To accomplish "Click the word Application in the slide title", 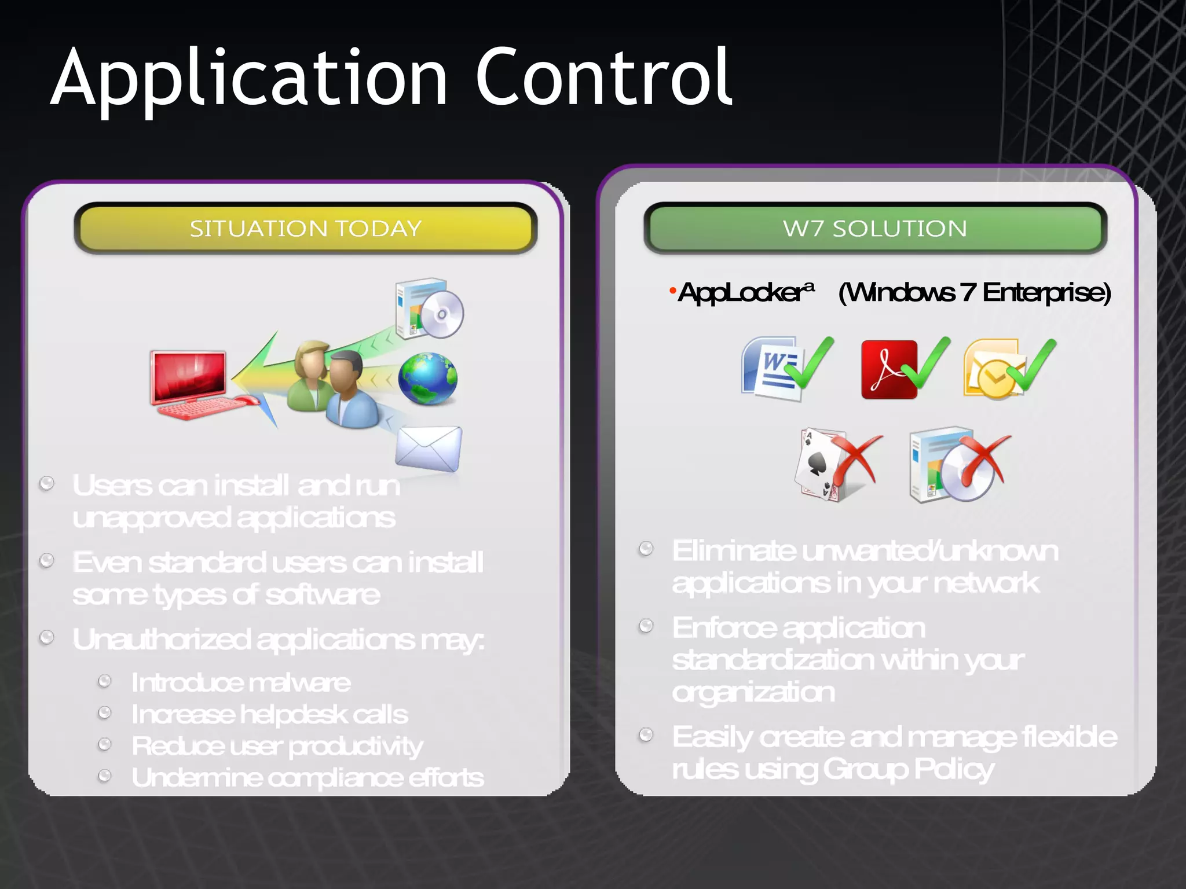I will tap(249, 78).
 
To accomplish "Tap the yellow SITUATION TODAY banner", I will tap(306, 228).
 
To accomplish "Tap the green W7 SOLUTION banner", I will tap(875, 228).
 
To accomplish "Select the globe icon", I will tap(428, 379).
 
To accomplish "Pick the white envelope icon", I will tap(429, 449).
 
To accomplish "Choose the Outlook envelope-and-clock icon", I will tap(991, 369).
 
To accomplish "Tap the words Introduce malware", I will tap(241, 683).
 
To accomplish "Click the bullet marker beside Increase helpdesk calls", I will tap(105, 712).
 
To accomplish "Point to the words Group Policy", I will tap(908, 769).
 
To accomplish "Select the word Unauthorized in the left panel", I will tap(162, 640).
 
